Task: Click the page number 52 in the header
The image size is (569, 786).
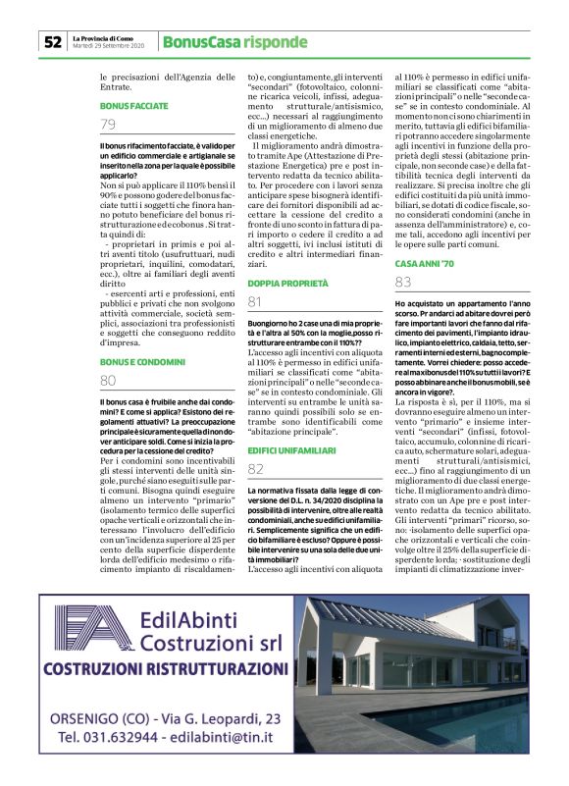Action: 52,42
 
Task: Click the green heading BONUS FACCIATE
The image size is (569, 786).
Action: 134,105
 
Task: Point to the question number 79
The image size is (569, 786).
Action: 108,124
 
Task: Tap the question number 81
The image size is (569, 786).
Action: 255,301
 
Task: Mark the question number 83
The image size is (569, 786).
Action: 403,283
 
